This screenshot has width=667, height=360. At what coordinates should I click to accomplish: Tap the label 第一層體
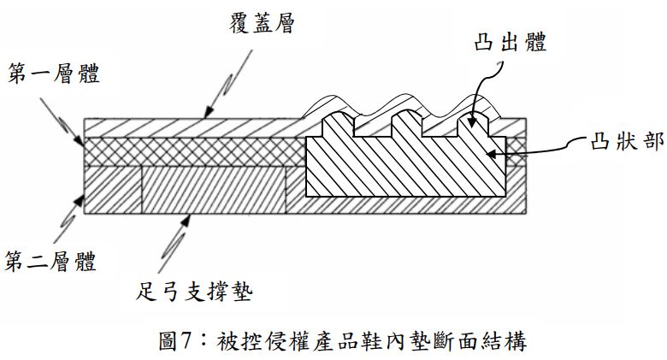[54, 75]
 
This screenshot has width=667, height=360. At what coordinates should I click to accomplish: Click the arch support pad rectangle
[214, 190]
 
